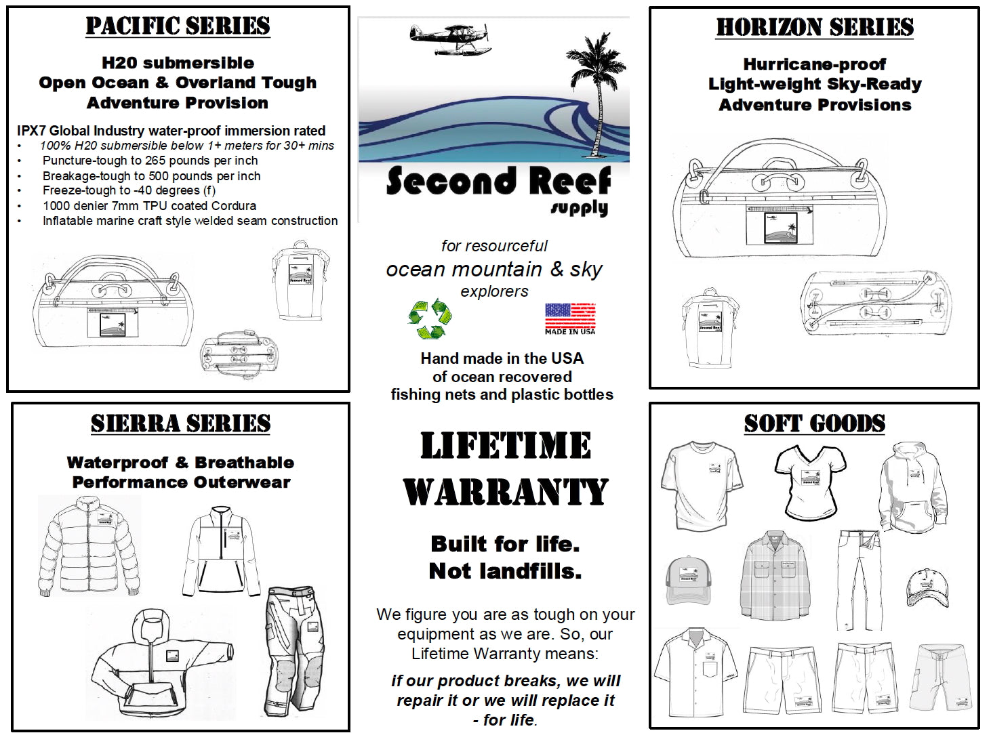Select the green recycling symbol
point(430,318)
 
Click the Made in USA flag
point(570,318)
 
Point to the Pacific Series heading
point(178,26)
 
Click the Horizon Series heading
point(815,28)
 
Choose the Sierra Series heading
point(180,424)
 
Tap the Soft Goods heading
point(815,424)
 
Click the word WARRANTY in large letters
point(506,493)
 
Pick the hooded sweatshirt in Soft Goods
point(913,488)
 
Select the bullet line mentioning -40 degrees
point(129,190)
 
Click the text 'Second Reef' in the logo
point(498,182)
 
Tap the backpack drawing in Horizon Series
point(709,329)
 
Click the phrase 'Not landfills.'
point(505,571)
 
